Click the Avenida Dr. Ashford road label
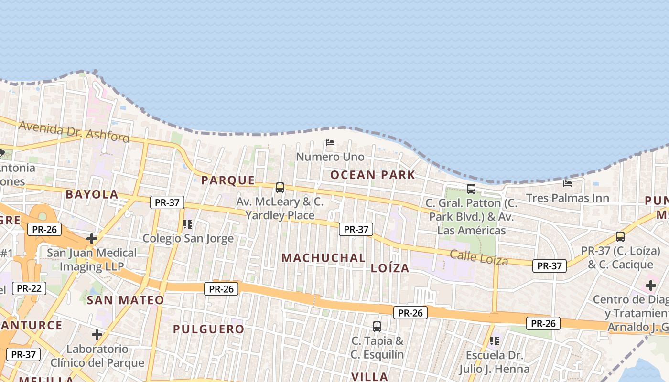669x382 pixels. click(74, 131)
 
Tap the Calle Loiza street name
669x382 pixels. click(478, 257)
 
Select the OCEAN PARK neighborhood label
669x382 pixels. click(373, 175)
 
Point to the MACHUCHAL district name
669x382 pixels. click(323, 258)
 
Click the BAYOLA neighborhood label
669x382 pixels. click(92, 194)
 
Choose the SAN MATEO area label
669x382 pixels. click(125, 300)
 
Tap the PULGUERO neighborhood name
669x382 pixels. click(208, 329)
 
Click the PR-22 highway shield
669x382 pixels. click(29, 288)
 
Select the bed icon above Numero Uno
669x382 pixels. click(330, 143)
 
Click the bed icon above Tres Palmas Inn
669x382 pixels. click(568, 183)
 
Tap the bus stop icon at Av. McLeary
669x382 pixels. click(280, 188)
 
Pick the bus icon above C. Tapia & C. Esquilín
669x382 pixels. click(377, 327)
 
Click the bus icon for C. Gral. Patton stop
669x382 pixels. click(471, 189)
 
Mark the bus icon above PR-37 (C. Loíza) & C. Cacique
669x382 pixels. click(620, 237)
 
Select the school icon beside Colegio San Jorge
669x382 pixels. click(188, 224)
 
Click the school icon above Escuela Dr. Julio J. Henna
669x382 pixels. click(495, 341)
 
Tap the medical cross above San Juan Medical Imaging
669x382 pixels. click(92, 239)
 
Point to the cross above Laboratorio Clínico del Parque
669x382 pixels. click(97, 335)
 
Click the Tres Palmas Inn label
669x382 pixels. click(567, 198)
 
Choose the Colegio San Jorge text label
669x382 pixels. click(188, 238)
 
